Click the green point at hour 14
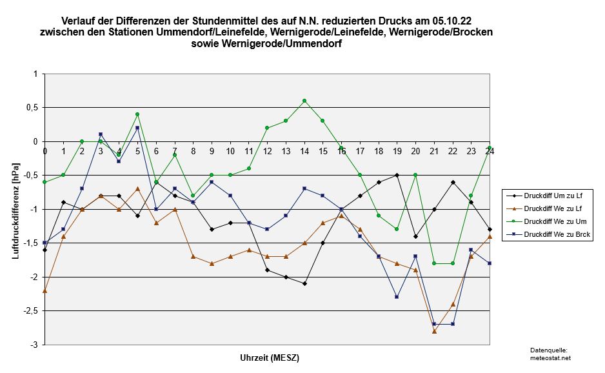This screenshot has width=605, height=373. tap(304, 101)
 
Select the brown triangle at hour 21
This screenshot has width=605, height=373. tap(434, 331)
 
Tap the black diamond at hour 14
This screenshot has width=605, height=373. tap(304, 283)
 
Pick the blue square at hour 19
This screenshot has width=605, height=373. tap(397, 297)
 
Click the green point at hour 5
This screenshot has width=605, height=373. tap(137, 114)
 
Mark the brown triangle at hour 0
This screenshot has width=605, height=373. tap(45, 290)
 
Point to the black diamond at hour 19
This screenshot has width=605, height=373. tap(397, 175)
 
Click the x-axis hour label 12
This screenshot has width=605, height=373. tap(267, 152)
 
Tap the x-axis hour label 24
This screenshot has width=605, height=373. tap(490, 152)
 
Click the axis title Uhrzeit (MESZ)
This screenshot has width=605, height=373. tap(270, 358)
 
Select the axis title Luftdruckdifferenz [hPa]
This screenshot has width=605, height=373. tap(15, 210)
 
